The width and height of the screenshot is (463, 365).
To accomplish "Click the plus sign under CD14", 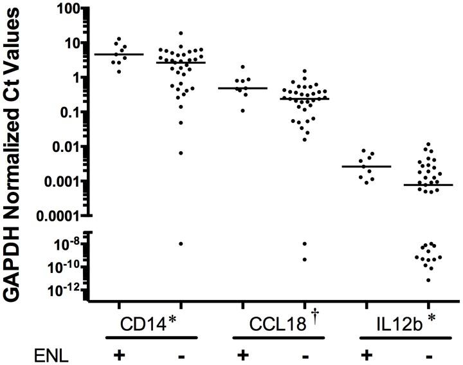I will tap(118, 353).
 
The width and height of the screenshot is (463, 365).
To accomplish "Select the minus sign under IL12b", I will tap(426, 354).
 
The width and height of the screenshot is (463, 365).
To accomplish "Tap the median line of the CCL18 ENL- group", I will tap(304, 98).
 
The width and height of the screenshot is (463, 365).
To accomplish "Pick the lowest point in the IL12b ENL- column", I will tap(428, 280).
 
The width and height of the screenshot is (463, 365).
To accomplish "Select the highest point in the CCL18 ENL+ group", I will tap(242, 67).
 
